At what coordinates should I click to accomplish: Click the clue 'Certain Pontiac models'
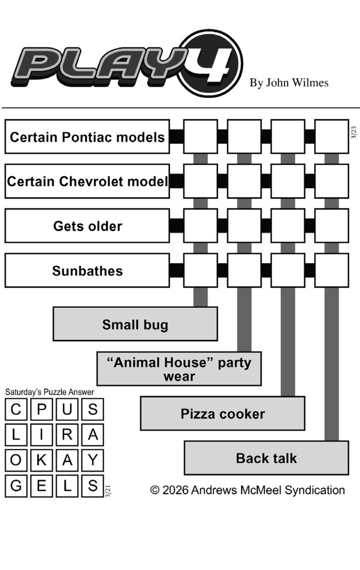tap(87, 137)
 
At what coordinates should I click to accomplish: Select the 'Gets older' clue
tap(87, 226)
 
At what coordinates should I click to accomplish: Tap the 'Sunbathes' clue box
tap(87, 271)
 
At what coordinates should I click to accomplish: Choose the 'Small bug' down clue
tap(135, 324)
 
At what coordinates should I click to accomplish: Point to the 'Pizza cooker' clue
tap(223, 414)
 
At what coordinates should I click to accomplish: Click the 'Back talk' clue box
tap(266, 458)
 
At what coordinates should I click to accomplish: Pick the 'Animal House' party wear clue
tap(179, 369)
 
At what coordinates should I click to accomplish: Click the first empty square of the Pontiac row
tap(200, 136)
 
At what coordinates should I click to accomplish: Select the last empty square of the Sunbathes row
tap(332, 271)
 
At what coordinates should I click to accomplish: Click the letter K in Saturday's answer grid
tap(41, 460)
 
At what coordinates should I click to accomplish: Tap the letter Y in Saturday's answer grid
tap(93, 460)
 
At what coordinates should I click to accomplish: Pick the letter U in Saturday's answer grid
tap(67, 409)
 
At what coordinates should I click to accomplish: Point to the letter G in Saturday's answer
tap(16, 486)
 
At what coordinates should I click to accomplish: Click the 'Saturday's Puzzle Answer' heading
tap(50, 392)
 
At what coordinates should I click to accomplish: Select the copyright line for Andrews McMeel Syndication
tap(247, 490)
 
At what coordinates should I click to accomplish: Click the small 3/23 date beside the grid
tap(354, 132)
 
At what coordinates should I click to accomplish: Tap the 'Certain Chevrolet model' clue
tap(87, 181)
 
